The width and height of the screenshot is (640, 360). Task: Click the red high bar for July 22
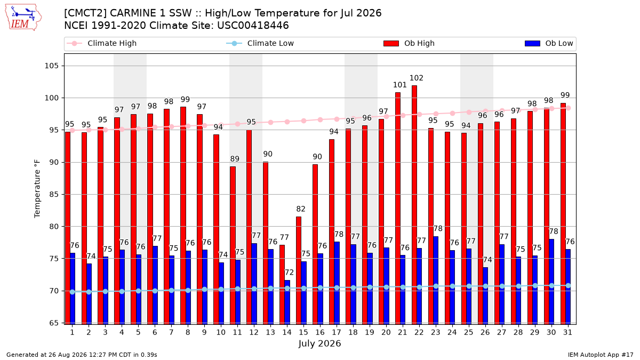pos(414,205)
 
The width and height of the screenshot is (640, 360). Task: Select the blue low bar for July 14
pos(287,302)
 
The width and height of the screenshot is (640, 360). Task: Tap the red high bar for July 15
pos(299,270)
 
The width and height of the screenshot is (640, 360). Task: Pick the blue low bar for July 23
pos(436,281)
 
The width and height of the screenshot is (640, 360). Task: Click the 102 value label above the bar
pos(417,78)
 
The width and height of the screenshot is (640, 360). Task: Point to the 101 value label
pos(399,85)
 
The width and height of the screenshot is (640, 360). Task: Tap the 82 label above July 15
pos(301,209)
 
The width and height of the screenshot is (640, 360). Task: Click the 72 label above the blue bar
pos(289,273)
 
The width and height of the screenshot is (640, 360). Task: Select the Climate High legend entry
pos(102,43)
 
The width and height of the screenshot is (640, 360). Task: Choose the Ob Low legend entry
pos(549,43)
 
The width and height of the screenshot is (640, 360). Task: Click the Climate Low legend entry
pos(260,43)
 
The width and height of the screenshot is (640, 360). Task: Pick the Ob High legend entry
pos(409,43)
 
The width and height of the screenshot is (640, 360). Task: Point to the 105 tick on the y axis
pos(51,66)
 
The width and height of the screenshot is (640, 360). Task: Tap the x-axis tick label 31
pos(567,332)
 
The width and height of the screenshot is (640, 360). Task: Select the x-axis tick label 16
pos(320,332)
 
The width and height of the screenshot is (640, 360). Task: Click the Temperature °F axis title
pos(37,189)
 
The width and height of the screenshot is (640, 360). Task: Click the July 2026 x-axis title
pos(319,343)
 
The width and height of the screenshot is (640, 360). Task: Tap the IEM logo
pos(23,18)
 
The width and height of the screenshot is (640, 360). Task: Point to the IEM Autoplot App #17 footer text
pos(601,355)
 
